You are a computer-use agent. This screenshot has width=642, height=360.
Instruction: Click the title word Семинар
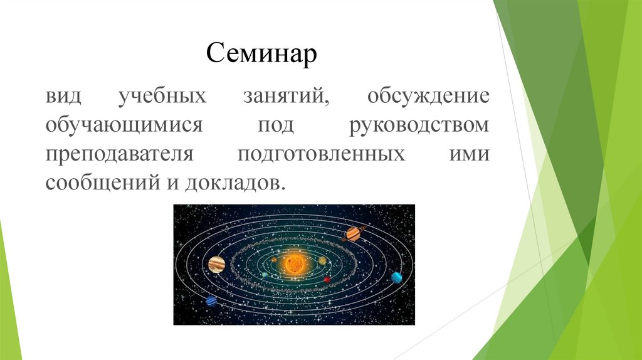pyautogui.click(x=261, y=53)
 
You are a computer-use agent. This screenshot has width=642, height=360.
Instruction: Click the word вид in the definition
pyautogui.click(x=63, y=96)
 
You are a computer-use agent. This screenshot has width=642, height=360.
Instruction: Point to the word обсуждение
pyautogui.click(x=428, y=96)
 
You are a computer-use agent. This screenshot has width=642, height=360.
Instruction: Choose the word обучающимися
pyautogui.click(x=124, y=125)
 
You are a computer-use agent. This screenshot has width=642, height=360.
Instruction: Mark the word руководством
pyautogui.click(x=419, y=125)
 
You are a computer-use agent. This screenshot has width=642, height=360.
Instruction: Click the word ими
pyautogui.click(x=470, y=154)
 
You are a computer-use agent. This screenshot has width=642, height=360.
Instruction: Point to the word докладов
pyautogui.click(x=234, y=183)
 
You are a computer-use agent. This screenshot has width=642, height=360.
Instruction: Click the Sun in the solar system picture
pyautogui.click(x=293, y=264)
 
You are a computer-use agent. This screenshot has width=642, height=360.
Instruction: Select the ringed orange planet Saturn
pyautogui.click(x=353, y=234)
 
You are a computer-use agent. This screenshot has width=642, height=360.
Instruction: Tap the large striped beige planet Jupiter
pyautogui.click(x=216, y=265)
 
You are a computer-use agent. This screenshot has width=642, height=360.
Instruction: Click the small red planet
pyautogui.click(x=327, y=280)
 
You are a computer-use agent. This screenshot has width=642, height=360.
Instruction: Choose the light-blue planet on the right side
pyautogui.click(x=396, y=277)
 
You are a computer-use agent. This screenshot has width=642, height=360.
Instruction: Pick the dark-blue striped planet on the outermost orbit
pyautogui.click(x=211, y=301)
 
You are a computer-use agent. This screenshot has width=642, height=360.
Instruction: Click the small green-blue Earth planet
pyautogui.click(x=265, y=275)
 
